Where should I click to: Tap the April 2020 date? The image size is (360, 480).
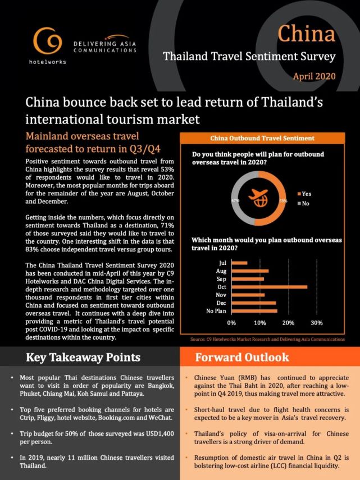[x=315, y=75]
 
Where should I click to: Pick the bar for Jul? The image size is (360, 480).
[x=239, y=262]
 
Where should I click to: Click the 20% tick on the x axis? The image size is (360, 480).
[x=288, y=323]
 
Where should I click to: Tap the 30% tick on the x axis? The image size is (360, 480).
[x=316, y=323]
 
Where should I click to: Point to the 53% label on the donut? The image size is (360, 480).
[x=282, y=200]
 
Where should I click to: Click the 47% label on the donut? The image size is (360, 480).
[x=235, y=200]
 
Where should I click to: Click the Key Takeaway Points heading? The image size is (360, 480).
[x=83, y=358]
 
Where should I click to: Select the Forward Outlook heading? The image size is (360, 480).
[x=242, y=358]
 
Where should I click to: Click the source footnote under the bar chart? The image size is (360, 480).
[x=267, y=340]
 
